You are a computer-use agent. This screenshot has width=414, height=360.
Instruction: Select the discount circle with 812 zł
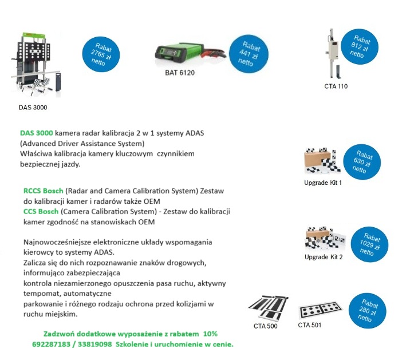pos(358,46)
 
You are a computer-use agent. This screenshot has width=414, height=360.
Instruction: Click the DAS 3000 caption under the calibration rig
pos(32,107)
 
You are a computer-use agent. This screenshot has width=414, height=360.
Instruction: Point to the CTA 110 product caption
pos(336,86)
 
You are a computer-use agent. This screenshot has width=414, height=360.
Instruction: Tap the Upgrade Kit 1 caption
pos(323,183)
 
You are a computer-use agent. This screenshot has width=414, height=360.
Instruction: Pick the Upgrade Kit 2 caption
pos(324,257)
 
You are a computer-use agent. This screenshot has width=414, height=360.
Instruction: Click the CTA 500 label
pos(266,327)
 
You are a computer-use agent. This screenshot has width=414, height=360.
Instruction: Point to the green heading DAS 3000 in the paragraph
pos(36,133)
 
